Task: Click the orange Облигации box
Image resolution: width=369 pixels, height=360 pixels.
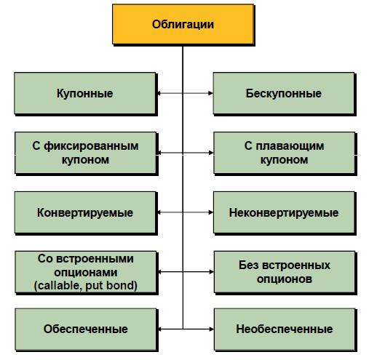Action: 183,25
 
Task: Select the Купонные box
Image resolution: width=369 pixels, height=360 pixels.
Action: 85,93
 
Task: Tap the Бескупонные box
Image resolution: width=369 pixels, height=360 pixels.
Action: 284,93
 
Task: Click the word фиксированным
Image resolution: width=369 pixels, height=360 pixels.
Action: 91,146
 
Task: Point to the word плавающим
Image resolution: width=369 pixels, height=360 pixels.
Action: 290,146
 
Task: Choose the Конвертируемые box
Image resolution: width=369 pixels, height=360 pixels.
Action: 85,212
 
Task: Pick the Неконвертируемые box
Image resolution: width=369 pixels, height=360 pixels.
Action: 284,212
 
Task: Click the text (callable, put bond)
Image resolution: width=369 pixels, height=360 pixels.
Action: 86,286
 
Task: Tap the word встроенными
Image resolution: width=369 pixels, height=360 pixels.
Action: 95,259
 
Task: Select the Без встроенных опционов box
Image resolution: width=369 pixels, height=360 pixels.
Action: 285,272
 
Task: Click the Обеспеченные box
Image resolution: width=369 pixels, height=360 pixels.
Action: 86,329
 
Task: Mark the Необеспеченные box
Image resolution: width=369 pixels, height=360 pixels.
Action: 285,329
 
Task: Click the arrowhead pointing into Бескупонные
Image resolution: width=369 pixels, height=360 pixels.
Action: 210,93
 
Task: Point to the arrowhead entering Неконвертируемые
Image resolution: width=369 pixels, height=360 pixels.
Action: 211,212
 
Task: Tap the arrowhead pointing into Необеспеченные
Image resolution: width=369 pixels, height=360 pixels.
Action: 211,329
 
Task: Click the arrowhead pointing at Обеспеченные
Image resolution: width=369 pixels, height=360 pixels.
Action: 160,329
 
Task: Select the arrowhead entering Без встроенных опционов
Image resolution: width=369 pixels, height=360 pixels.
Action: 211,272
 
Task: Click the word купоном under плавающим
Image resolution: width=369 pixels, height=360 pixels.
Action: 285,160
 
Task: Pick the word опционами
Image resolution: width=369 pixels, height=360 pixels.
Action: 86,273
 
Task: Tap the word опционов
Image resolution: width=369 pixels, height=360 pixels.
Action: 285,279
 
